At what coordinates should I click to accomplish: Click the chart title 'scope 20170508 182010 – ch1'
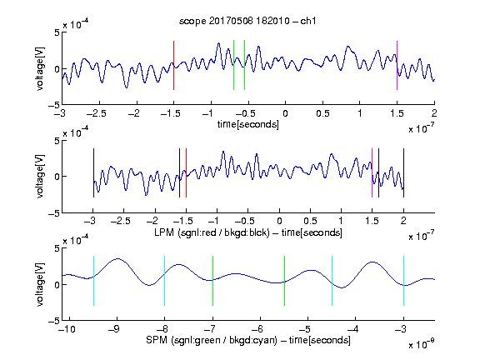coord(247,21)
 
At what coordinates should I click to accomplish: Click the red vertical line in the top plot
coord(173,65)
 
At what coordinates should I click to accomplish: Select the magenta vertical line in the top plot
coord(397,65)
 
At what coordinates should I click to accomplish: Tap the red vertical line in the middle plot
coord(186,173)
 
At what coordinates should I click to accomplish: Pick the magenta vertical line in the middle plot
coord(372,173)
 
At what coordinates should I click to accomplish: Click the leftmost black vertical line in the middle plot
coord(93,173)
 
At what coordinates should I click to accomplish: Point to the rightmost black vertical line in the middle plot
coord(403,173)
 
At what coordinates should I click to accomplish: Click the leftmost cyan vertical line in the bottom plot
coord(93,281)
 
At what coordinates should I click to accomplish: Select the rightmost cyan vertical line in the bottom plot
coord(403,281)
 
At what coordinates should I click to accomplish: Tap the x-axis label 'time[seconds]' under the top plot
coord(248,124)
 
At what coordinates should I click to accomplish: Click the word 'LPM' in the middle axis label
coord(164,232)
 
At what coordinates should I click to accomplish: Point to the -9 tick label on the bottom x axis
coord(114,329)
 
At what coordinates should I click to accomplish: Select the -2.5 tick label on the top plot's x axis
coord(97,113)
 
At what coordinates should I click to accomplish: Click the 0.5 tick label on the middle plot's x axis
coord(310,221)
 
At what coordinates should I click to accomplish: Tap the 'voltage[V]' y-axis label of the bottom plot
coord(40,284)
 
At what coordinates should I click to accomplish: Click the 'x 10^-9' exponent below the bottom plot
coord(421,343)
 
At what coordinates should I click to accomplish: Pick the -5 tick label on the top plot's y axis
coord(54,105)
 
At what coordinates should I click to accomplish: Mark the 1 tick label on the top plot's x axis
coord(360,113)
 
